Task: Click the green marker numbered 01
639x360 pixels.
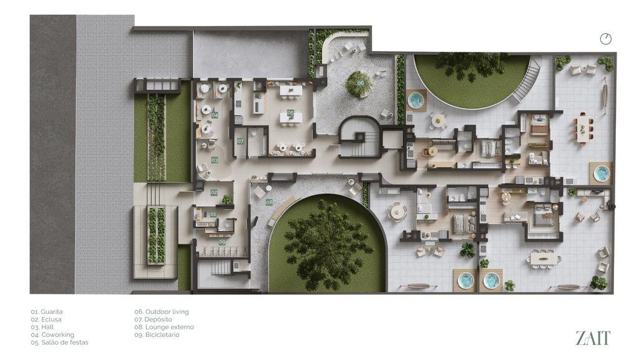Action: click(x=213, y=214)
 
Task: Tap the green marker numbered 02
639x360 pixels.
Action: click(x=214, y=193)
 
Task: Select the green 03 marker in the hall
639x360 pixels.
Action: click(x=215, y=160)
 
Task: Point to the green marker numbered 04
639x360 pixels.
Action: click(x=215, y=115)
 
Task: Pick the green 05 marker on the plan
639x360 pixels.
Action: click(x=290, y=113)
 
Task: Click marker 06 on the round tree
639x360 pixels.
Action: click(x=361, y=83)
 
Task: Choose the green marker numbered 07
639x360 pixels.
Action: click(x=240, y=141)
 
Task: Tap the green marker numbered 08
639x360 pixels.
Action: click(x=270, y=202)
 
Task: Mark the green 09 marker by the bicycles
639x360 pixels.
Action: click(x=222, y=242)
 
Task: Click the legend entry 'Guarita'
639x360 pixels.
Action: click(x=47, y=312)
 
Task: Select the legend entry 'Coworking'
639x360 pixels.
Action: click(x=52, y=335)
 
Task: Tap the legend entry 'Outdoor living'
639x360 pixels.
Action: click(x=162, y=312)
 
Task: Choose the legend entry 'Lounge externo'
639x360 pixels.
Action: click(x=164, y=327)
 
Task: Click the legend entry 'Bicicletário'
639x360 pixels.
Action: click(x=157, y=335)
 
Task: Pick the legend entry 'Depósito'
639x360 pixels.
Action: click(x=154, y=319)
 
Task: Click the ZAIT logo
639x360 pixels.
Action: click(x=593, y=338)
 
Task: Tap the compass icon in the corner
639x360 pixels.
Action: click(x=606, y=39)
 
